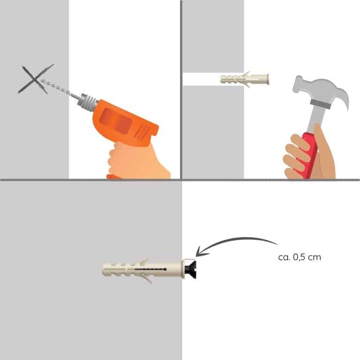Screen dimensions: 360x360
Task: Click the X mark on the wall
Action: click(34, 79)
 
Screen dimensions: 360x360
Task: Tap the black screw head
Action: click(190, 269)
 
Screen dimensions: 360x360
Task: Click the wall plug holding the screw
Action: click(143, 269)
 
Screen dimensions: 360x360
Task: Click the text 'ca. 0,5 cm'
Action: click(300, 257)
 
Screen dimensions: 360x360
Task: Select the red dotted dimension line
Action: click(190, 259)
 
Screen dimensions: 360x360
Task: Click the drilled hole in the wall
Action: click(213, 79)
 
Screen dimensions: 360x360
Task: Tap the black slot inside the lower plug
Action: click(150, 269)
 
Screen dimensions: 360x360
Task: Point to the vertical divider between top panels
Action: click(181, 90)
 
